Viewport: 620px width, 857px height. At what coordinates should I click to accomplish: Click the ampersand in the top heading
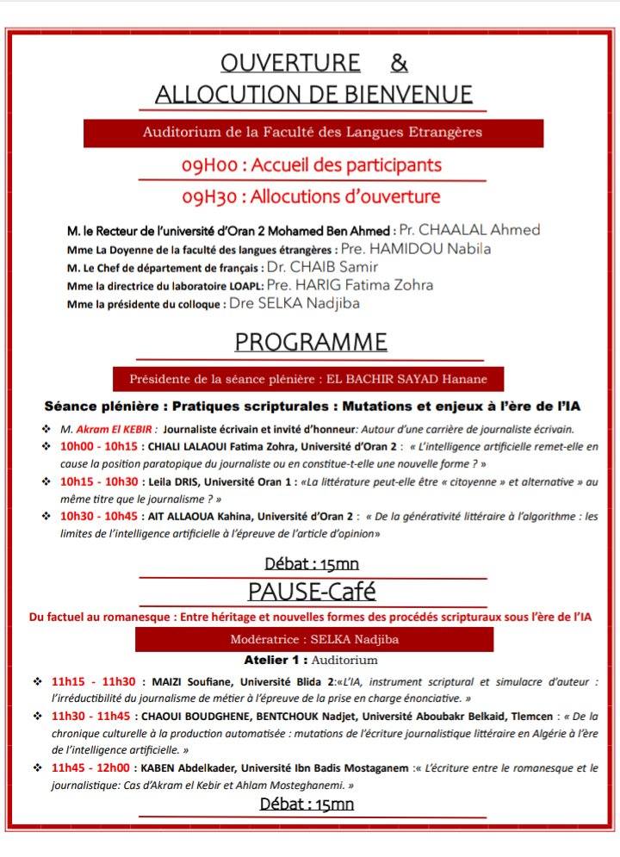pyautogui.click(x=399, y=63)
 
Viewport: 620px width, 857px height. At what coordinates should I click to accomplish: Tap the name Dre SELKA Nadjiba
pyautogui.click(x=294, y=303)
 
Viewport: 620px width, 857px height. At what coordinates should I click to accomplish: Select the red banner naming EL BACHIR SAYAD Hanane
pyautogui.click(x=308, y=379)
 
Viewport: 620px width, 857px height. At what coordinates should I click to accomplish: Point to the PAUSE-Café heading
pyautogui.click(x=311, y=593)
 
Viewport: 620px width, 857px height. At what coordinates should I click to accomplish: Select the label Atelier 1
pyautogui.click(x=276, y=661)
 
